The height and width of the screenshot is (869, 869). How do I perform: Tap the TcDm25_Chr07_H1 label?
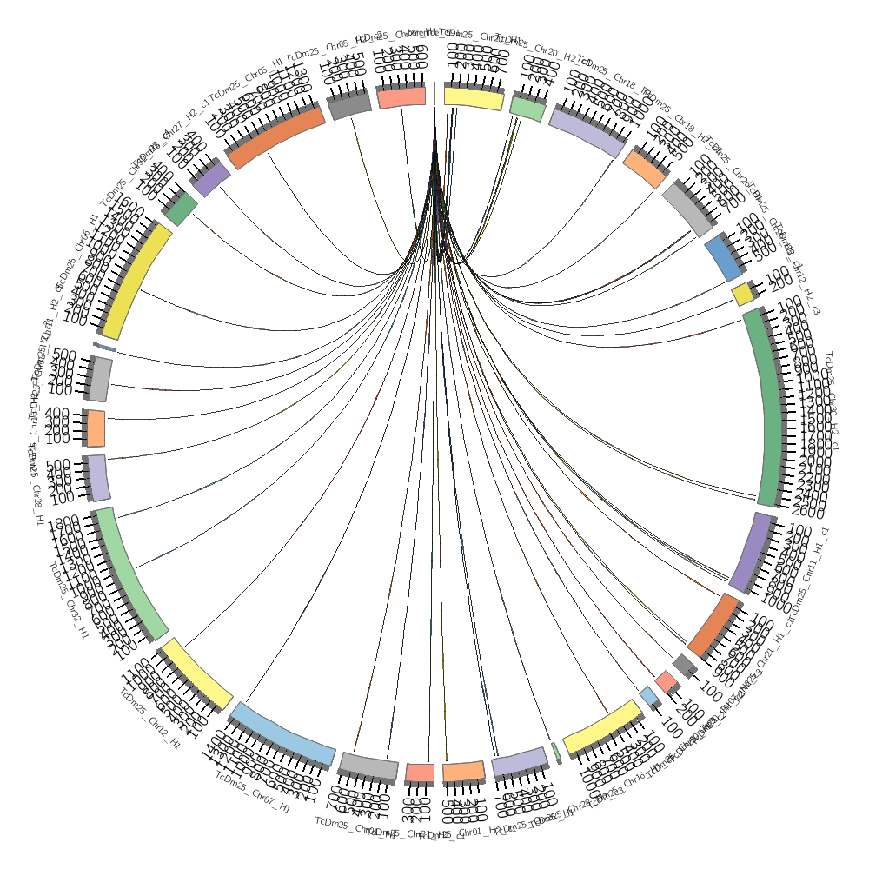[253, 795]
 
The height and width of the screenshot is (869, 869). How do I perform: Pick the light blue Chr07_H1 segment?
[283, 734]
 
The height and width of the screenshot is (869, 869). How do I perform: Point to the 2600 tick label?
[800, 508]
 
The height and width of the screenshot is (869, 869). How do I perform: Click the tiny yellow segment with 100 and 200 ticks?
[743, 295]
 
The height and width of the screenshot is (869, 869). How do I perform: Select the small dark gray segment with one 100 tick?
[684, 665]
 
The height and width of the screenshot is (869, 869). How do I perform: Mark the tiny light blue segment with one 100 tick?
[648, 696]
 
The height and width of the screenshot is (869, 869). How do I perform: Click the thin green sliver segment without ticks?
[555, 753]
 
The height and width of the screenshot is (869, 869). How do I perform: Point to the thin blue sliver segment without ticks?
[104, 348]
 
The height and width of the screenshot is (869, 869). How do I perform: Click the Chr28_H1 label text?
[38, 504]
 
